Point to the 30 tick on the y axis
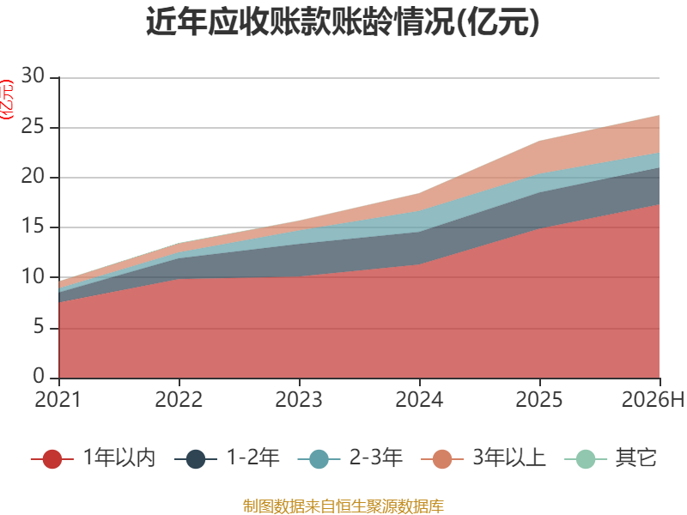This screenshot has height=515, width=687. (x=33, y=76)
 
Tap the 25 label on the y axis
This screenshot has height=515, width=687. (x=33, y=126)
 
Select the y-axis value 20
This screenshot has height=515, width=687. (x=33, y=176)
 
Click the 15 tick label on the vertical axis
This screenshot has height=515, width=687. (x=33, y=226)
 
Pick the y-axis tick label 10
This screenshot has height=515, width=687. (x=33, y=276)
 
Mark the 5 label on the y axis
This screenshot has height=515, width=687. (x=39, y=327)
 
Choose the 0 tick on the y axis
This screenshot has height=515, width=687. (x=39, y=376)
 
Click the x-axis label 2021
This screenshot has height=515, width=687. (x=58, y=399)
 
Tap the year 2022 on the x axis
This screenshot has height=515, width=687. (x=179, y=399)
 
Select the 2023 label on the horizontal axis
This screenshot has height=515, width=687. (x=299, y=399)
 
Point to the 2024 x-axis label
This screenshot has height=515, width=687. (x=419, y=399)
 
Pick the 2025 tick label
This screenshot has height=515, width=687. (x=539, y=399)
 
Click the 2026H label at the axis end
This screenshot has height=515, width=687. (x=653, y=399)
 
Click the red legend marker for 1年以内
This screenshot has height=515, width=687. (x=52, y=459)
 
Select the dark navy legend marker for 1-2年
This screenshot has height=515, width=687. (x=196, y=459)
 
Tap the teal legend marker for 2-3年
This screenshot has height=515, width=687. (x=319, y=459)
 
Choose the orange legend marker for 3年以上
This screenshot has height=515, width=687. (x=442, y=459)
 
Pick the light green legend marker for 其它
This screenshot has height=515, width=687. (x=586, y=459)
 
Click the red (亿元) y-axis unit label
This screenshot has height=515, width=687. (x=8, y=100)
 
